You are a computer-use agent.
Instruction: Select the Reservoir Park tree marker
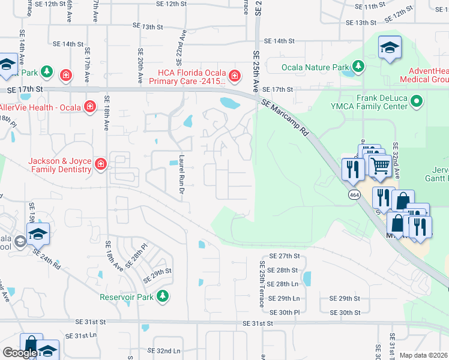click(x=162, y=296)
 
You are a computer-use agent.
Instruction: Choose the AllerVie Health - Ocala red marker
click(x=89, y=106)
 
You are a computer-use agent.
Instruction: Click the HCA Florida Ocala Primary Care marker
click(x=234, y=76)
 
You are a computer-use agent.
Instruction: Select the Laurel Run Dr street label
click(x=180, y=175)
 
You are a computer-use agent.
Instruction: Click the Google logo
click(x=19, y=353)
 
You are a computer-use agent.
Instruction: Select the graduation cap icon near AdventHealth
click(x=390, y=47)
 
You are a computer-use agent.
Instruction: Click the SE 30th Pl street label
click(x=284, y=313)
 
